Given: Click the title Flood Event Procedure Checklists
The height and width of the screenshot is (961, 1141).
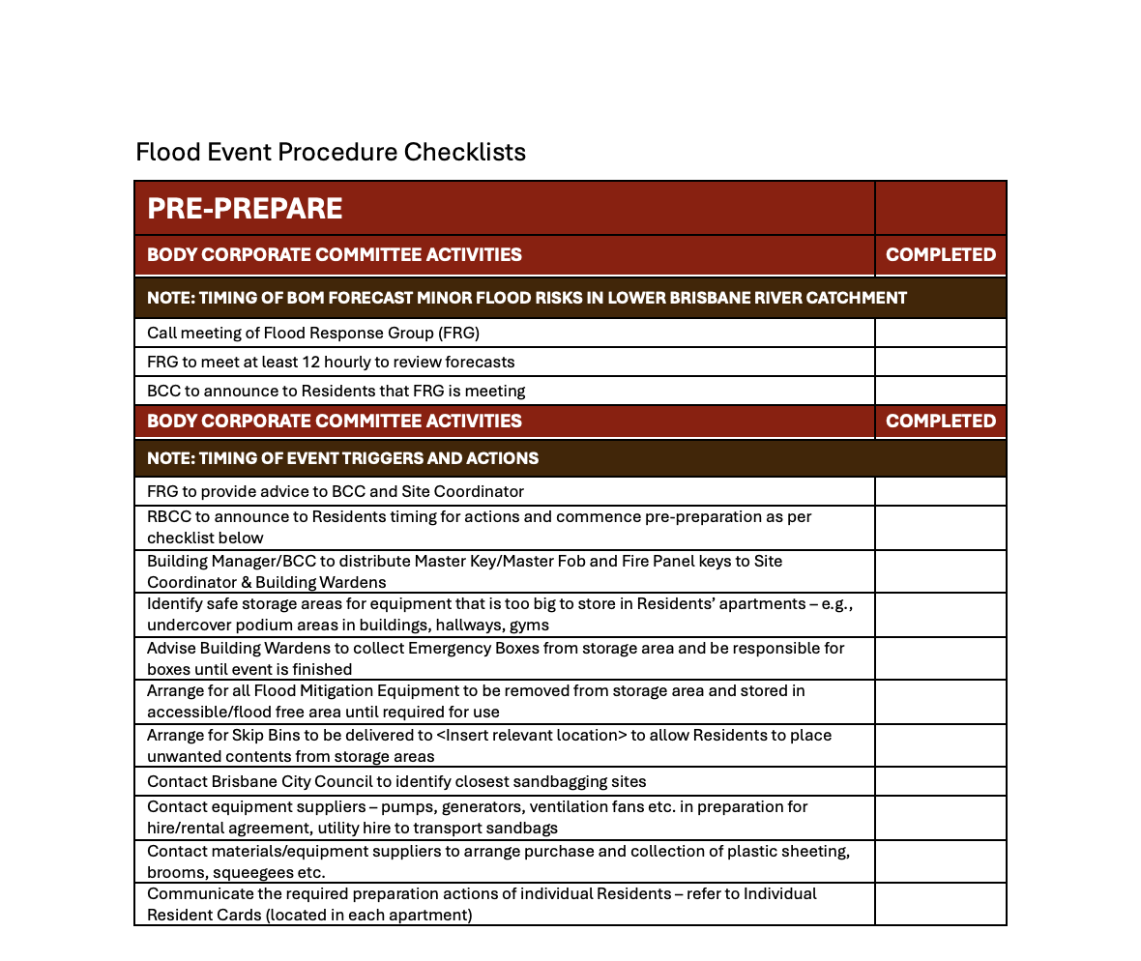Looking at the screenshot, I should [x=331, y=152].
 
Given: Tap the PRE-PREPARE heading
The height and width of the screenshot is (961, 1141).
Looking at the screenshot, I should [x=245, y=208].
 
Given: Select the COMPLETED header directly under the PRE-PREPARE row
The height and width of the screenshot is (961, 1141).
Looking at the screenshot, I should [x=940, y=254].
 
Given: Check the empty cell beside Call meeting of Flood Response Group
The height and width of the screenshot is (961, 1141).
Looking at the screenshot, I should [x=940, y=334].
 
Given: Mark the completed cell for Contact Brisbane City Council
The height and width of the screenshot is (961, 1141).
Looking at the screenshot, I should [x=940, y=781].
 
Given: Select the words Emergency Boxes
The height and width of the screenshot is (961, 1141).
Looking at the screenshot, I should [x=441, y=648].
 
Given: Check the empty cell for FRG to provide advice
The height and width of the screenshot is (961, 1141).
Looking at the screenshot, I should [x=940, y=491].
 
